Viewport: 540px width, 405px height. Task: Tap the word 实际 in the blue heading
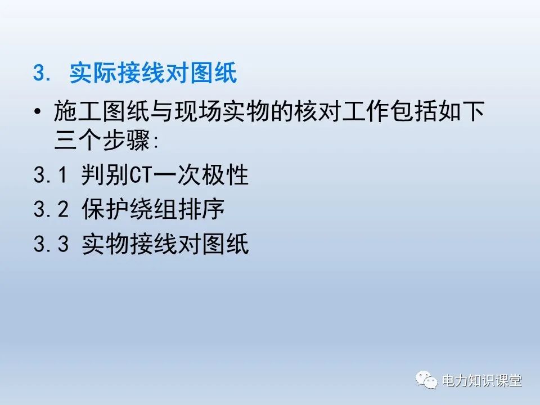pyautogui.click(x=91, y=74)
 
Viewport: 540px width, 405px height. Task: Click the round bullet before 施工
pyautogui.click(x=38, y=112)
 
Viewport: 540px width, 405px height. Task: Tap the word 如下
pyautogui.click(x=465, y=112)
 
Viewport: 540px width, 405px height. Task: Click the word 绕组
pyautogui.click(x=148, y=210)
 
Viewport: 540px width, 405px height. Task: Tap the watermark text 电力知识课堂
pyautogui.click(x=482, y=381)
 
